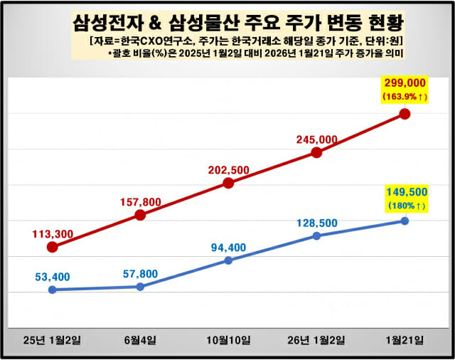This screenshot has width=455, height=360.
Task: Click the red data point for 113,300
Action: coord(52,247)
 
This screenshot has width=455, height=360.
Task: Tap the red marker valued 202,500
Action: coord(228,183)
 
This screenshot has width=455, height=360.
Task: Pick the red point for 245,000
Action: coord(316,152)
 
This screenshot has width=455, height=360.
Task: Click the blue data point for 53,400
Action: coord(52,290)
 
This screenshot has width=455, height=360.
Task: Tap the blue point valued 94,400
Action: coord(228,260)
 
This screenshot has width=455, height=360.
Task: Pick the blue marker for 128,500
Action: coord(316,235)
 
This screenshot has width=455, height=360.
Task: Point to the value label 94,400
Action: coord(228,247)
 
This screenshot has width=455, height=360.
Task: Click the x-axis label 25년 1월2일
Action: coord(52,339)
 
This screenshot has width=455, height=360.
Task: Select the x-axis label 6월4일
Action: coord(140,339)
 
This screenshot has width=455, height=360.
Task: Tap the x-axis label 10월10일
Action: coord(228,339)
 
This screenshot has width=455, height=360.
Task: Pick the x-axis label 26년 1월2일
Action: coord(316,339)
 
